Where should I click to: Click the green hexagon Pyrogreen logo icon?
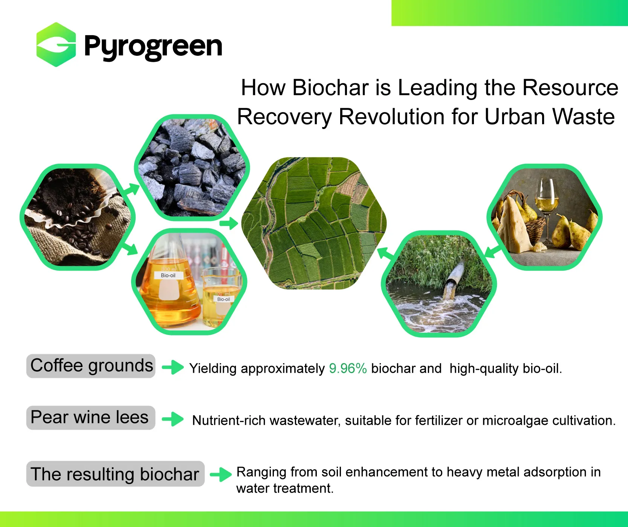click(56, 45)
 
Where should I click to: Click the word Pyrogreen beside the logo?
click(153, 47)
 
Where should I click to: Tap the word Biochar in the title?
click(330, 88)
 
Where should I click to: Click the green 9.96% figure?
click(348, 368)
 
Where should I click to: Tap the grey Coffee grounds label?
click(91, 366)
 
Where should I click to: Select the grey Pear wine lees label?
click(91, 418)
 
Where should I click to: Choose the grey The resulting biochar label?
click(115, 474)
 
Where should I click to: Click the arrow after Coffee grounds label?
click(173, 367)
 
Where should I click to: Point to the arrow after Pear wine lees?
click(173, 419)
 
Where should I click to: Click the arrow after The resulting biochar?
click(221, 474)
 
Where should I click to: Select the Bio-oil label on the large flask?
click(168, 275)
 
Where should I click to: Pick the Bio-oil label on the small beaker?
click(223, 299)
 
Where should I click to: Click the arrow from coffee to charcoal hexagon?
click(131, 189)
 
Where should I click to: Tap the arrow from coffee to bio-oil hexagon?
click(130, 248)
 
